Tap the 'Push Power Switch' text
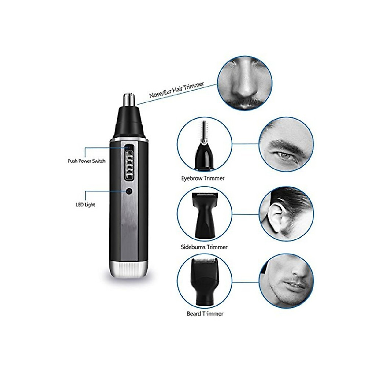(86, 161)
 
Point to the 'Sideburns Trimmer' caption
(204, 247)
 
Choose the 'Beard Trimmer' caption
(205, 314)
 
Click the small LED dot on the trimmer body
(129, 191)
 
